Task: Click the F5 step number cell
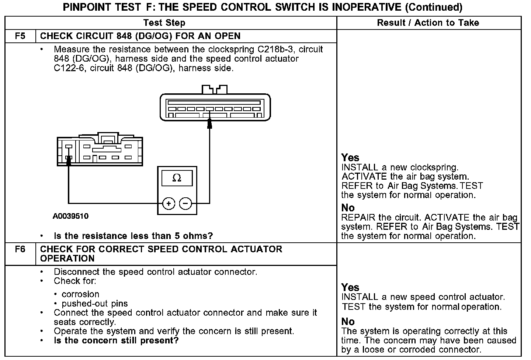[20, 36]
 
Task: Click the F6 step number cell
[20, 249]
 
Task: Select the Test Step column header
[164, 23]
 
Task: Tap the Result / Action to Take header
[428, 23]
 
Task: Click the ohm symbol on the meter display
[177, 179]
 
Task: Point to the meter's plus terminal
[169, 203]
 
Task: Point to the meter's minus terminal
[185, 203]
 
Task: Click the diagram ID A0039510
[70, 216]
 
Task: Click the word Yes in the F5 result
[350, 158]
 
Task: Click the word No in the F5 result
[348, 208]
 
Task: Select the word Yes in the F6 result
[350, 287]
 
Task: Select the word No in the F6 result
[348, 322]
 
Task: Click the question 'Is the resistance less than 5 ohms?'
[133, 236]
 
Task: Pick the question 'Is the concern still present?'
[116, 340]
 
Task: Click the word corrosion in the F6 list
[80, 294]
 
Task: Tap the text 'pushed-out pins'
[95, 304]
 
